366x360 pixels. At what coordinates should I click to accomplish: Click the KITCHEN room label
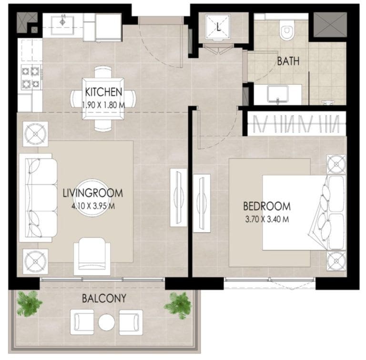(104, 92)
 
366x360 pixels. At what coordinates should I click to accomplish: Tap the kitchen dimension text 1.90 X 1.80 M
(104, 103)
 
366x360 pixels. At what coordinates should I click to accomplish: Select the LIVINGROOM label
(92, 193)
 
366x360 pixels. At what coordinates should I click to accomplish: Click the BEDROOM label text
(266, 207)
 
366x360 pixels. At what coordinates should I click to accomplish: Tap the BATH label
(289, 61)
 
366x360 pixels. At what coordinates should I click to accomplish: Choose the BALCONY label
(104, 299)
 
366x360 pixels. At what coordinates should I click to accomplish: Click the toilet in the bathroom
(286, 31)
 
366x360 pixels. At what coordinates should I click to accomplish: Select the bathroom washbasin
(276, 93)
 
